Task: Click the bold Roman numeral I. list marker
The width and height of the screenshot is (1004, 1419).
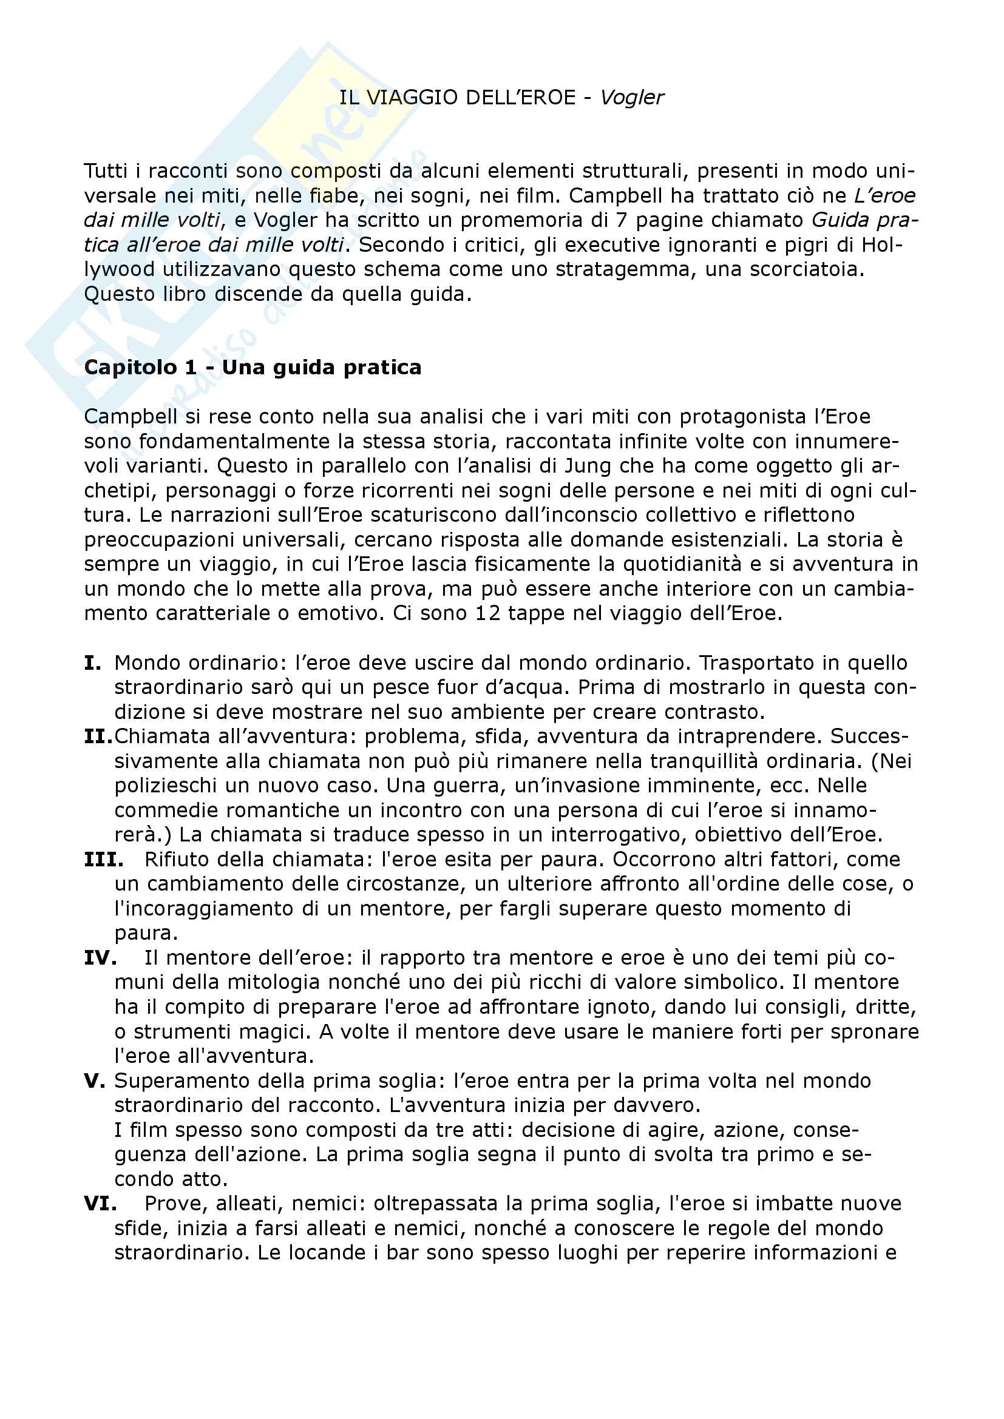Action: pos(93,663)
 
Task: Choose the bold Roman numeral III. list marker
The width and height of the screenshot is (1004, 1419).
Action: pos(103,860)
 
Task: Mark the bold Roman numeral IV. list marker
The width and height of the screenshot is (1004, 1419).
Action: pos(100,958)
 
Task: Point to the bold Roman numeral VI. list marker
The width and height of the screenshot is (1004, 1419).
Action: pos(100,1204)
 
